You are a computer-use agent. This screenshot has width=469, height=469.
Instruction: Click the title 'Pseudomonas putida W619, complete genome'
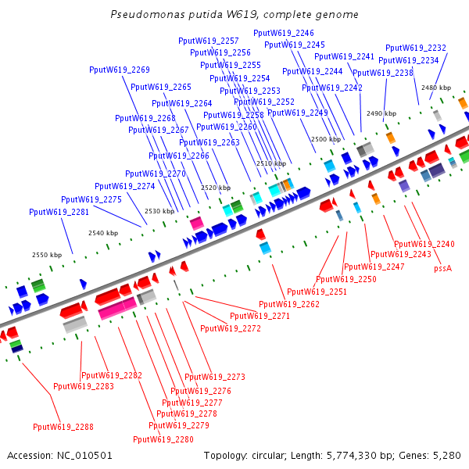(234, 15)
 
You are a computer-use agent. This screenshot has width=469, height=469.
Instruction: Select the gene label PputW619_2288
(63, 427)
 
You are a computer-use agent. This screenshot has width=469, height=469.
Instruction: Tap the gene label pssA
(443, 268)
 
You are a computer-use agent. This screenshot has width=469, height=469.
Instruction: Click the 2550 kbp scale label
(46, 255)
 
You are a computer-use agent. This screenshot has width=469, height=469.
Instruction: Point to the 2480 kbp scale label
(436, 88)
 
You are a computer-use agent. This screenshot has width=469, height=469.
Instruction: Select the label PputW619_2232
(416, 48)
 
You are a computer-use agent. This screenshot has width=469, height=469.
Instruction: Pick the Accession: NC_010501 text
(60, 455)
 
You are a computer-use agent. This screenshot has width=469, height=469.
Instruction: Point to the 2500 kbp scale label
(326, 139)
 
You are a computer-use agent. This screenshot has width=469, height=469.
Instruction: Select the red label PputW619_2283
(84, 386)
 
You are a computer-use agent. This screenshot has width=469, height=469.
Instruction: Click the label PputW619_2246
(284, 33)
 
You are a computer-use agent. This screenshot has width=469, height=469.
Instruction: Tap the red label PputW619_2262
(289, 303)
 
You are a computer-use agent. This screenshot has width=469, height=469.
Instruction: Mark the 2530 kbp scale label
(159, 211)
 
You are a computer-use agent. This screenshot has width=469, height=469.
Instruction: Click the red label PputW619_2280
(163, 439)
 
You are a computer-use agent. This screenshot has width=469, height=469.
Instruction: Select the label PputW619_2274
(125, 186)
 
